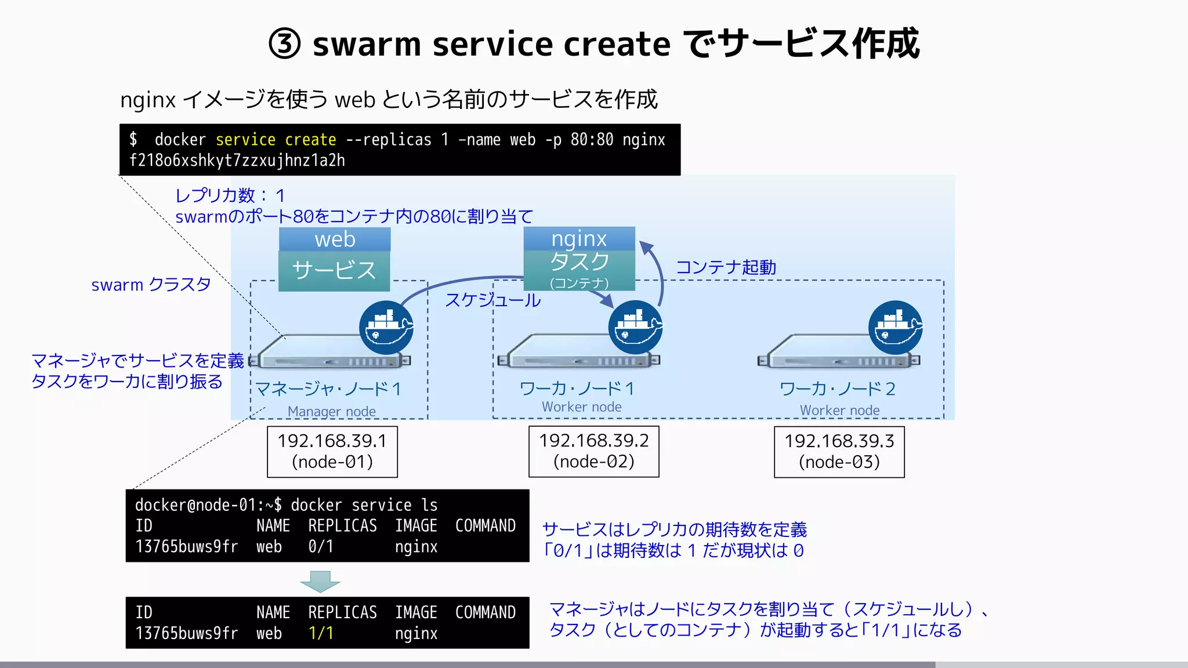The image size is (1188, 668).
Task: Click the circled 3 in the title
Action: click(x=285, y=44)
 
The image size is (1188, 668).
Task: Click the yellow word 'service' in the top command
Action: click(x=245, y=140)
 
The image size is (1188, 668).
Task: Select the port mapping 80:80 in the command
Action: click(x=591, y=140)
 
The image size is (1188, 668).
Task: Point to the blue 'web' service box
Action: click(x=335, y=239)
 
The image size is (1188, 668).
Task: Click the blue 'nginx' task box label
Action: click(x=579, y=239)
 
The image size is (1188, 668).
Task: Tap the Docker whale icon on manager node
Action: click(x=386, y=328)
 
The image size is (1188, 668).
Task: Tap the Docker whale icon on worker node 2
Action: click(x=895, y=328)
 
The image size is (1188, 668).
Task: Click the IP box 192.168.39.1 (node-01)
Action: click(x=332, y=452)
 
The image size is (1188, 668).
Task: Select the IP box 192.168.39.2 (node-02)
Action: click(x=593, y=451)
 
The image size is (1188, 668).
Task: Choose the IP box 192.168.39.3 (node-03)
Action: click(x=839, y=452)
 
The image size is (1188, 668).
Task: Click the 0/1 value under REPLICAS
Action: click(x=321, y=547)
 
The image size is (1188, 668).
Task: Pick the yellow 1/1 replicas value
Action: click(x=321, y=633)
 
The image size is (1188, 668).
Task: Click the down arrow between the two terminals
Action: click(x=320, y=581)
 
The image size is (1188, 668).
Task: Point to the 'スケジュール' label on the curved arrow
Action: click(x=492, y=300)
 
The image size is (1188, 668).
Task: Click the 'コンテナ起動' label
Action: click(x=726, y=267)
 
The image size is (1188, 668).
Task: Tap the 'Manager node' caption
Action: click(x=331, y=411)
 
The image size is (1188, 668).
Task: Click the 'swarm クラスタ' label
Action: click(x=151, y=285)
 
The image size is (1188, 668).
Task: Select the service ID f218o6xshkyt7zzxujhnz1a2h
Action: click(x=237, y=161)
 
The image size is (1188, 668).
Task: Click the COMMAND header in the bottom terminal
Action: click(x=485, y=612)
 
